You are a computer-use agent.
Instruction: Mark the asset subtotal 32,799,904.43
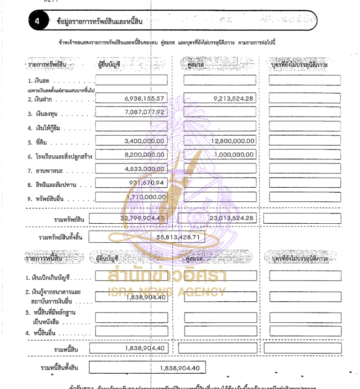tap(143, 218)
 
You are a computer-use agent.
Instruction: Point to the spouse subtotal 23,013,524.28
tap(232, 218)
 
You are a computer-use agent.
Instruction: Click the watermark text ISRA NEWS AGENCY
tap(167, 291)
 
